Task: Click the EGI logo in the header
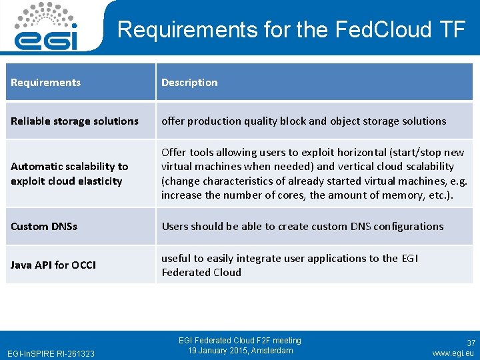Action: tap(47, 28)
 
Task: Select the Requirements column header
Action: tap(45, 83)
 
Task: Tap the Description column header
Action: tap(189, 83)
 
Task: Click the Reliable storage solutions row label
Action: tap(75, 121)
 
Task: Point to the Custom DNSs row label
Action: tap(44, 227)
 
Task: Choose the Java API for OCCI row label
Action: tap(53, 265)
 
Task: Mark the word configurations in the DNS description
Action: tap(409, 227)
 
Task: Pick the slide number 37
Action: tap(471, 343)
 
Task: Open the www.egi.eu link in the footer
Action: tap(453, 353)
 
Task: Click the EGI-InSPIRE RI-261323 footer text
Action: tap(50, 353)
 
